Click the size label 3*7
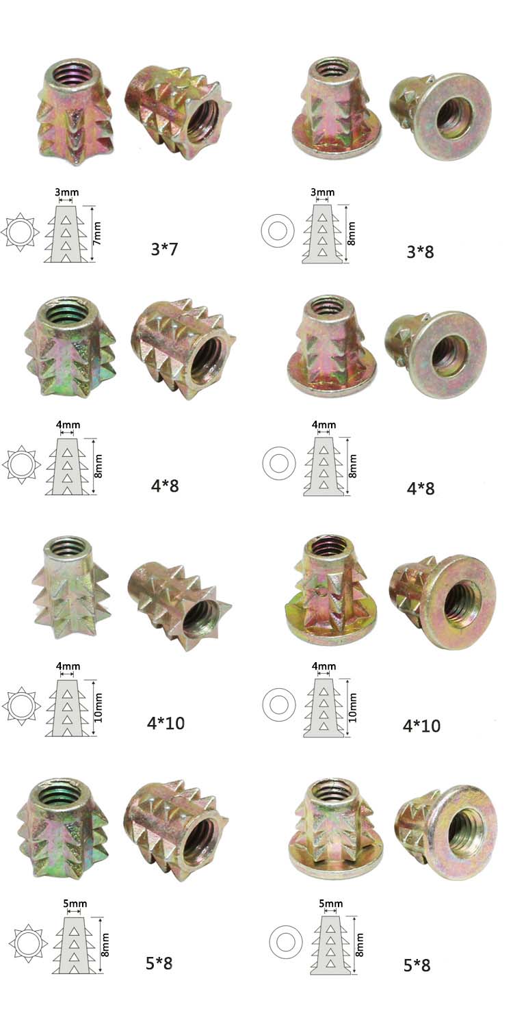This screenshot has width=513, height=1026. coord(164,249)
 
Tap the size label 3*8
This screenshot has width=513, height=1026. coord(420,252)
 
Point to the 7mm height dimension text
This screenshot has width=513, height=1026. coord(96,233)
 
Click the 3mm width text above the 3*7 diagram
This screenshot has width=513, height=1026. coord(67,192)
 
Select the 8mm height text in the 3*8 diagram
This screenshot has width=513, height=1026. coord(352,234)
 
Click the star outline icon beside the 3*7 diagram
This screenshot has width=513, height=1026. coord(20,232)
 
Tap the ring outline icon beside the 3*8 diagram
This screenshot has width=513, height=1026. coord(278,231)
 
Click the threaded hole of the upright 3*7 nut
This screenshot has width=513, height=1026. coord(73,73)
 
